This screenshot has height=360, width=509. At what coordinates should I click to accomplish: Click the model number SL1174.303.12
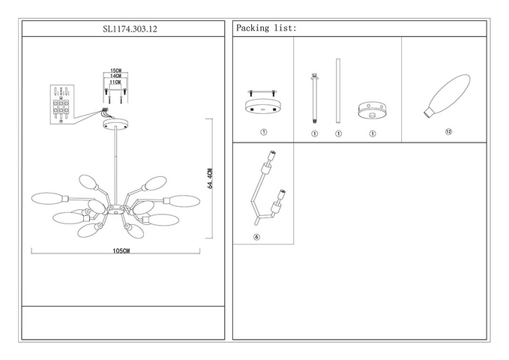pos(130,29)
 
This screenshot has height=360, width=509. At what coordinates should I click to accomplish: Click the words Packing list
pos(266,28)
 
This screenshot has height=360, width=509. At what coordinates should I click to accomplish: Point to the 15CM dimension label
pos(115,70)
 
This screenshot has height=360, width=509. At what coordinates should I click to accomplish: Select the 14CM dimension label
pos(115,76)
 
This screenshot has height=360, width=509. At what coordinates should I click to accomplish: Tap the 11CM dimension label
pos(115,82)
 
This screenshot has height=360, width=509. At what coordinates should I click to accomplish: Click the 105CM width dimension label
pos(121,250)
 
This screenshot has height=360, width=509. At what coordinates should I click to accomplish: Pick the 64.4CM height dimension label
pos(210,178)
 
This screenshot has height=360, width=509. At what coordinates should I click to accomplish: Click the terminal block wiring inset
pos(62,104)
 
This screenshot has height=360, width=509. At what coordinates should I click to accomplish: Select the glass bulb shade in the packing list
pos(447,95)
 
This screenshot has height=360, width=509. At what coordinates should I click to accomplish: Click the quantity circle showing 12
pos(448,131)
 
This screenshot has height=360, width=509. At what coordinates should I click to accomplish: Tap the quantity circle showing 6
pos(256,237)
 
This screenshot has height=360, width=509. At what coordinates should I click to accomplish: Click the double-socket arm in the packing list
pos(268,187)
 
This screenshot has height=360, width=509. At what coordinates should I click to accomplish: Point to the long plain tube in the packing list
pos(338,91)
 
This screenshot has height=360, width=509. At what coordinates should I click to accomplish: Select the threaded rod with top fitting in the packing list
pos(314,98)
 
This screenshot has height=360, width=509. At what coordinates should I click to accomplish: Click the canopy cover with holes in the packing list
pos(372,110)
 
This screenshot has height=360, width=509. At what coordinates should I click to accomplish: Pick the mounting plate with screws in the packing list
pos(263,102)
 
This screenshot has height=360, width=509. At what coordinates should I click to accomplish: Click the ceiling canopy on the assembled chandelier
pos(115,124)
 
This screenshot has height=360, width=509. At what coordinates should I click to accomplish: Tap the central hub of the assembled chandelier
pos(115,210)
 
